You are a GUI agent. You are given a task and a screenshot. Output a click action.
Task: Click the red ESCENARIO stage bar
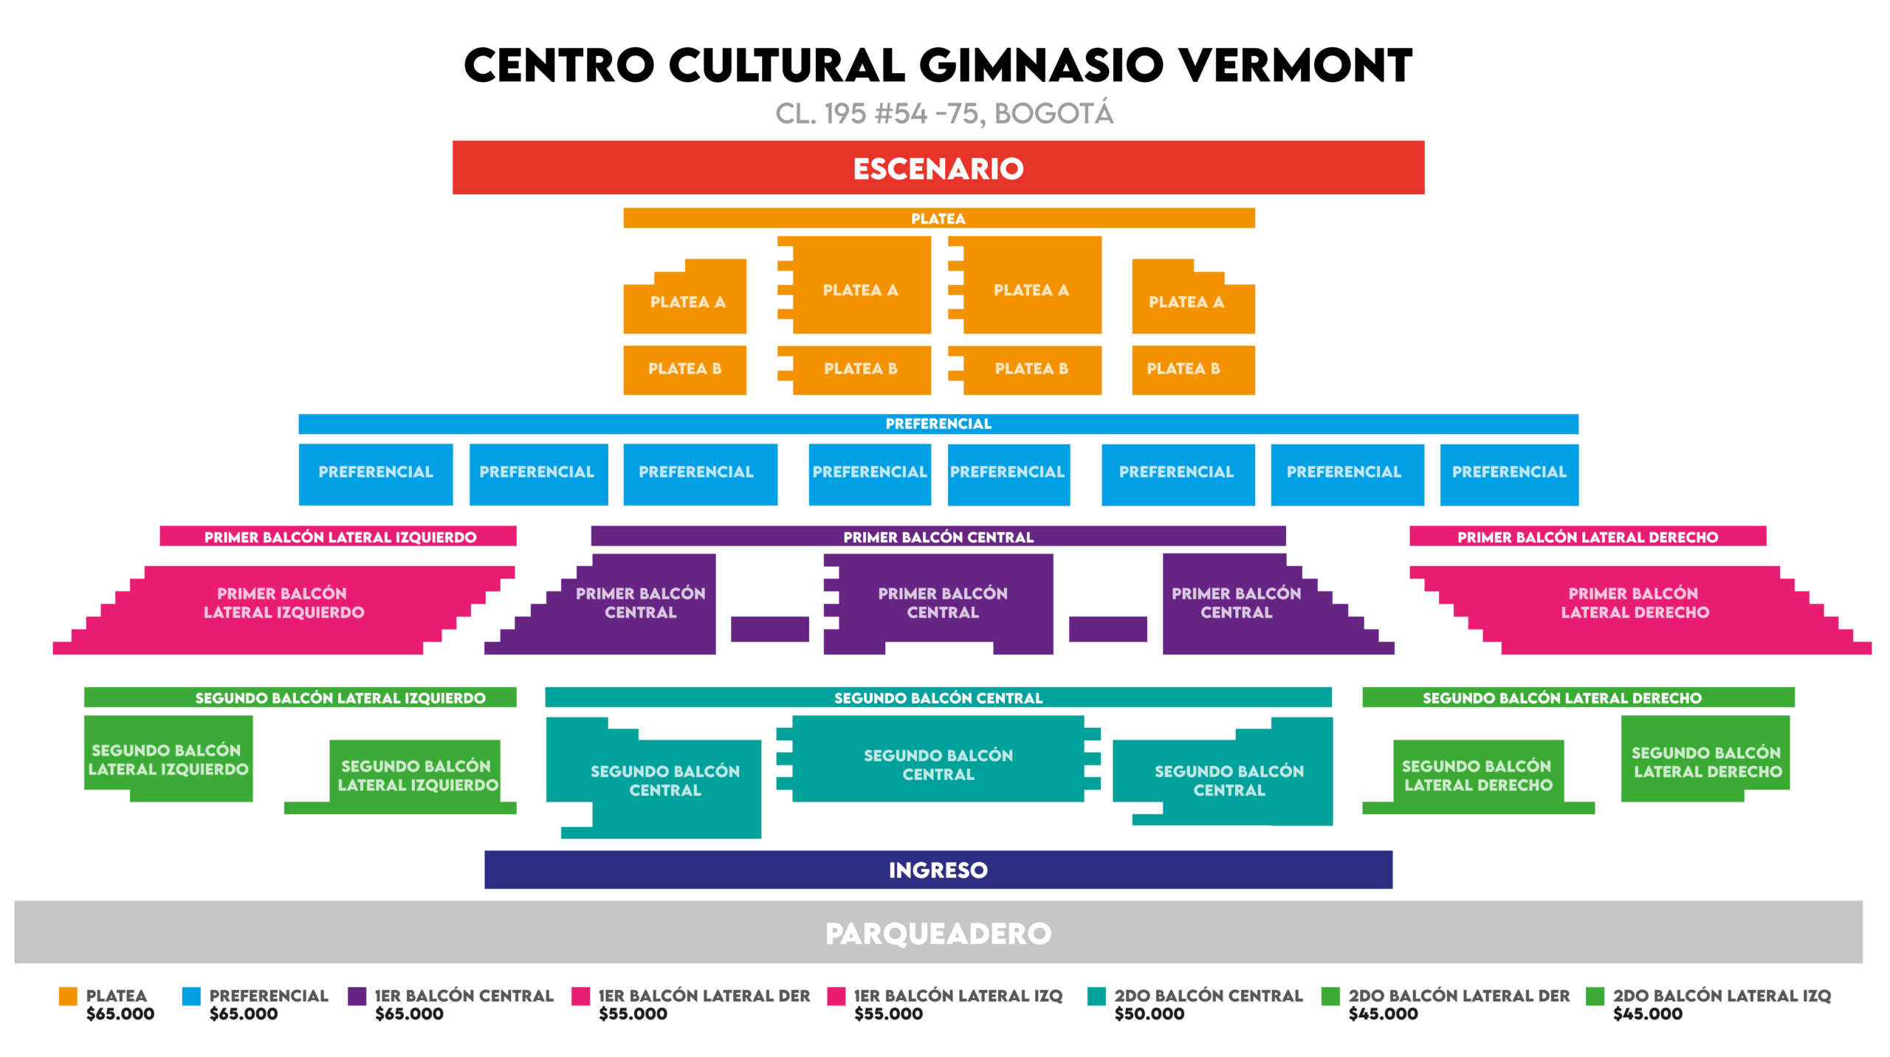[938, 168]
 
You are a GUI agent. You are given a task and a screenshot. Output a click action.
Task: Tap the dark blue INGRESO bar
[938, 870]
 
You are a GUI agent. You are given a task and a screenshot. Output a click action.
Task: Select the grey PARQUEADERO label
[938, 933]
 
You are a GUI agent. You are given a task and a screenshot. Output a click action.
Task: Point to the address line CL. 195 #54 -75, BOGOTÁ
[944, 114]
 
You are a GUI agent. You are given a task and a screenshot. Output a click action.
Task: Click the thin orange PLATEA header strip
[938, 218]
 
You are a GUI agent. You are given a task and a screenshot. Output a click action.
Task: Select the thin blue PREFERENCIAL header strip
[938, 424]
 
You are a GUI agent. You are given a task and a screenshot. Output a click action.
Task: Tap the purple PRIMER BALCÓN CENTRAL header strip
[938, 537]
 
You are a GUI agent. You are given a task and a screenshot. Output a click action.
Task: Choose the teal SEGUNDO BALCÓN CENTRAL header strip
[938, 698]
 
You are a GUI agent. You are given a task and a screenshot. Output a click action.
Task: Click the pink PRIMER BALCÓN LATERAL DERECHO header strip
[1587, 537]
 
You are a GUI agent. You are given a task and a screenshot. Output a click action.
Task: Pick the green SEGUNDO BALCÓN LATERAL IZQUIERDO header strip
[300, 698]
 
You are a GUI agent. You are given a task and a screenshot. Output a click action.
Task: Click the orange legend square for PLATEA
[68, 996]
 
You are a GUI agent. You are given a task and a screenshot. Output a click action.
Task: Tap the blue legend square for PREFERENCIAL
[191, 996]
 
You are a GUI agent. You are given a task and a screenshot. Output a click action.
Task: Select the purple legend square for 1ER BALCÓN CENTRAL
[357, 996]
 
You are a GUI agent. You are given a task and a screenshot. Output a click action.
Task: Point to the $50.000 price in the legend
[1149, 1014]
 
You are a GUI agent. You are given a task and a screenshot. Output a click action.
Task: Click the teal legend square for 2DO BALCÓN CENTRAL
[1096, 996]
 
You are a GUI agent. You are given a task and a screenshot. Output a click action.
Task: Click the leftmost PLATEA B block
[684, 369]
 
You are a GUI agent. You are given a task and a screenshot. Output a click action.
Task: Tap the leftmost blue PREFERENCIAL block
[375, 473]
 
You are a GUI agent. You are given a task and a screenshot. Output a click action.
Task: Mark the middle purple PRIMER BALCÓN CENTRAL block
[941, 602]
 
